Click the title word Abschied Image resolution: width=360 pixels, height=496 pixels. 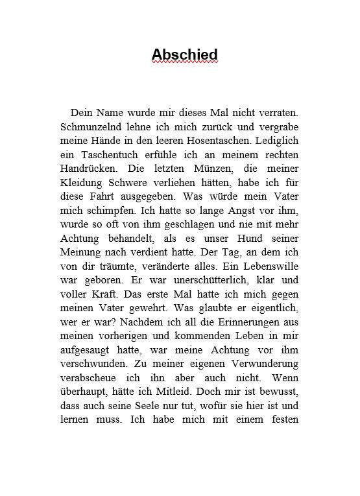(x=184, y=54)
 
